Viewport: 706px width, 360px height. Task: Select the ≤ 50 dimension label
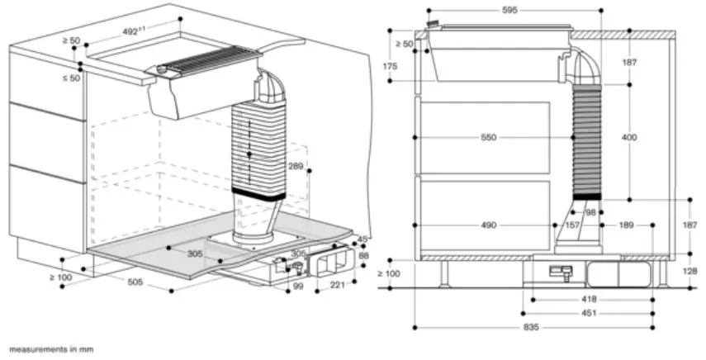[69, 78]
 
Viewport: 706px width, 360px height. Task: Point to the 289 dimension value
[296, 167]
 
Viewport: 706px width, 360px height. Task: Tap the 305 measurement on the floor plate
[195, 254]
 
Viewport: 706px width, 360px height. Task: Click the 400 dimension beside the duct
[629, 138]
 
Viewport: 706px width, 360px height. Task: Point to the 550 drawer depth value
[489, 138]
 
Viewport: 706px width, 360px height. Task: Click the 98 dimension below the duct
[590, 212]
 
